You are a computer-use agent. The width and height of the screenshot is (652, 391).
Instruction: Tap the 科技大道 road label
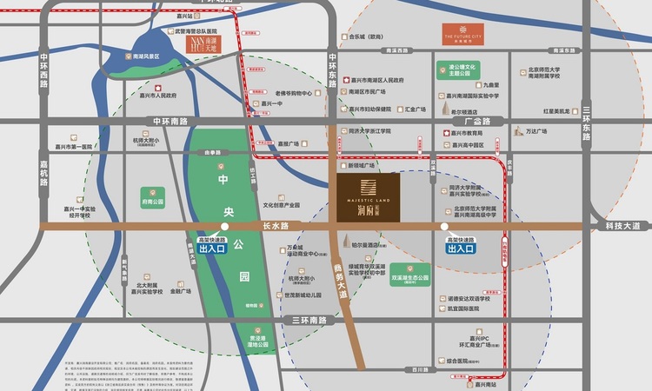[622, 226]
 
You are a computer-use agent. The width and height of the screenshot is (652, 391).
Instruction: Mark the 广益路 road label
[490, 122]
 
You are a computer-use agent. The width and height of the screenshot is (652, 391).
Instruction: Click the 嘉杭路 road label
[43, 174]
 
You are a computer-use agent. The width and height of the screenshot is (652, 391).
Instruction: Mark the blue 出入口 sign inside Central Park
[213, 249]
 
